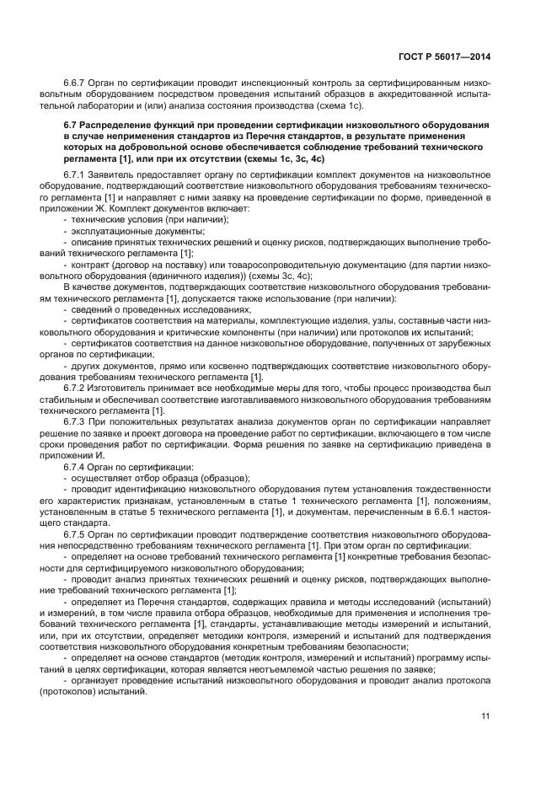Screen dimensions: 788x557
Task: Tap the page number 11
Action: point(485,716)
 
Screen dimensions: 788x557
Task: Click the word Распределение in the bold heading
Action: point(121,126)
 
